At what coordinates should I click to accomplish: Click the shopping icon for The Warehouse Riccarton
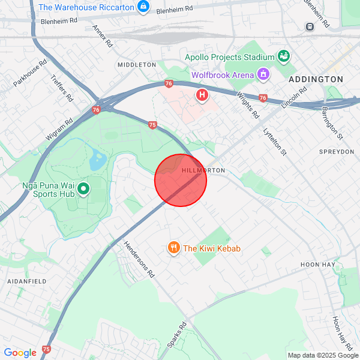[x=143, y=7]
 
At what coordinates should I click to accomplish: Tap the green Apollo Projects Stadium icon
[x=284, y=57]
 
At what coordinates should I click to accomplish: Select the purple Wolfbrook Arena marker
[x=262, y=75]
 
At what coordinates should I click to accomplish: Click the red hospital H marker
[x=202, y=95]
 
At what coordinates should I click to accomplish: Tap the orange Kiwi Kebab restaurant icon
[x=174, y=247]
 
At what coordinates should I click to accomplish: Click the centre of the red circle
[x=181, y=180]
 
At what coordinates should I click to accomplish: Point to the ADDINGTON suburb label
[x=316, y=79]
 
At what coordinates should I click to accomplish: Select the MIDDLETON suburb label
[x=137, y=65]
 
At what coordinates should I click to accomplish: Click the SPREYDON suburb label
[x=337, y=152]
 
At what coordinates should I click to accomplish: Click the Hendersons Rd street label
[x=139, y=259]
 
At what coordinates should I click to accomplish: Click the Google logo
[x=20, y=353]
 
